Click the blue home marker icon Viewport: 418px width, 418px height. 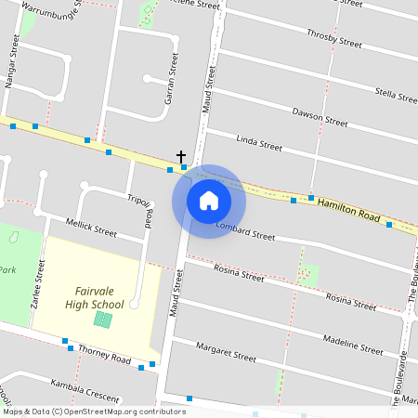pos(208,201)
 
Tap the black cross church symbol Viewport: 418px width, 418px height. pos(181,157)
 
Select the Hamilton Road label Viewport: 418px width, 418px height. pos(349,210)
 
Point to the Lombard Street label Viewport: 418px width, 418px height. pos(245,230)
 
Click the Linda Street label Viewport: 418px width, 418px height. pos(259,143)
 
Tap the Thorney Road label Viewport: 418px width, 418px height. pos(104,353)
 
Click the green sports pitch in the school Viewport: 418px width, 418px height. pos(103,320)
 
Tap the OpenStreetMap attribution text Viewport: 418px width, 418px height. pos(93,411)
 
